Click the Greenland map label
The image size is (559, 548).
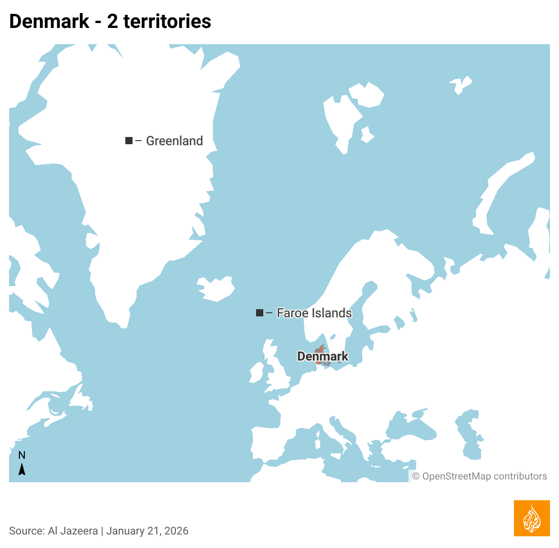174,141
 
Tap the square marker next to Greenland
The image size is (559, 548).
129,141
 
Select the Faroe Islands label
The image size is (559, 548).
314,313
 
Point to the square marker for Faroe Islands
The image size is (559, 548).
260,313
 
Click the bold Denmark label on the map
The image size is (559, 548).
323,356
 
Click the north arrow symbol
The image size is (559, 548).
22,470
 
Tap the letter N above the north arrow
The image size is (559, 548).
22,456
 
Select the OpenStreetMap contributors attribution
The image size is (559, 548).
480,476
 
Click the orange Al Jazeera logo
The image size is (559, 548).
532,518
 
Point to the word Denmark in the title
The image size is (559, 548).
49,21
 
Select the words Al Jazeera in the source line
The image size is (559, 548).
73,531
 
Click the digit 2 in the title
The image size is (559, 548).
113,21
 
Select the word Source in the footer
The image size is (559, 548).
26,531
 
